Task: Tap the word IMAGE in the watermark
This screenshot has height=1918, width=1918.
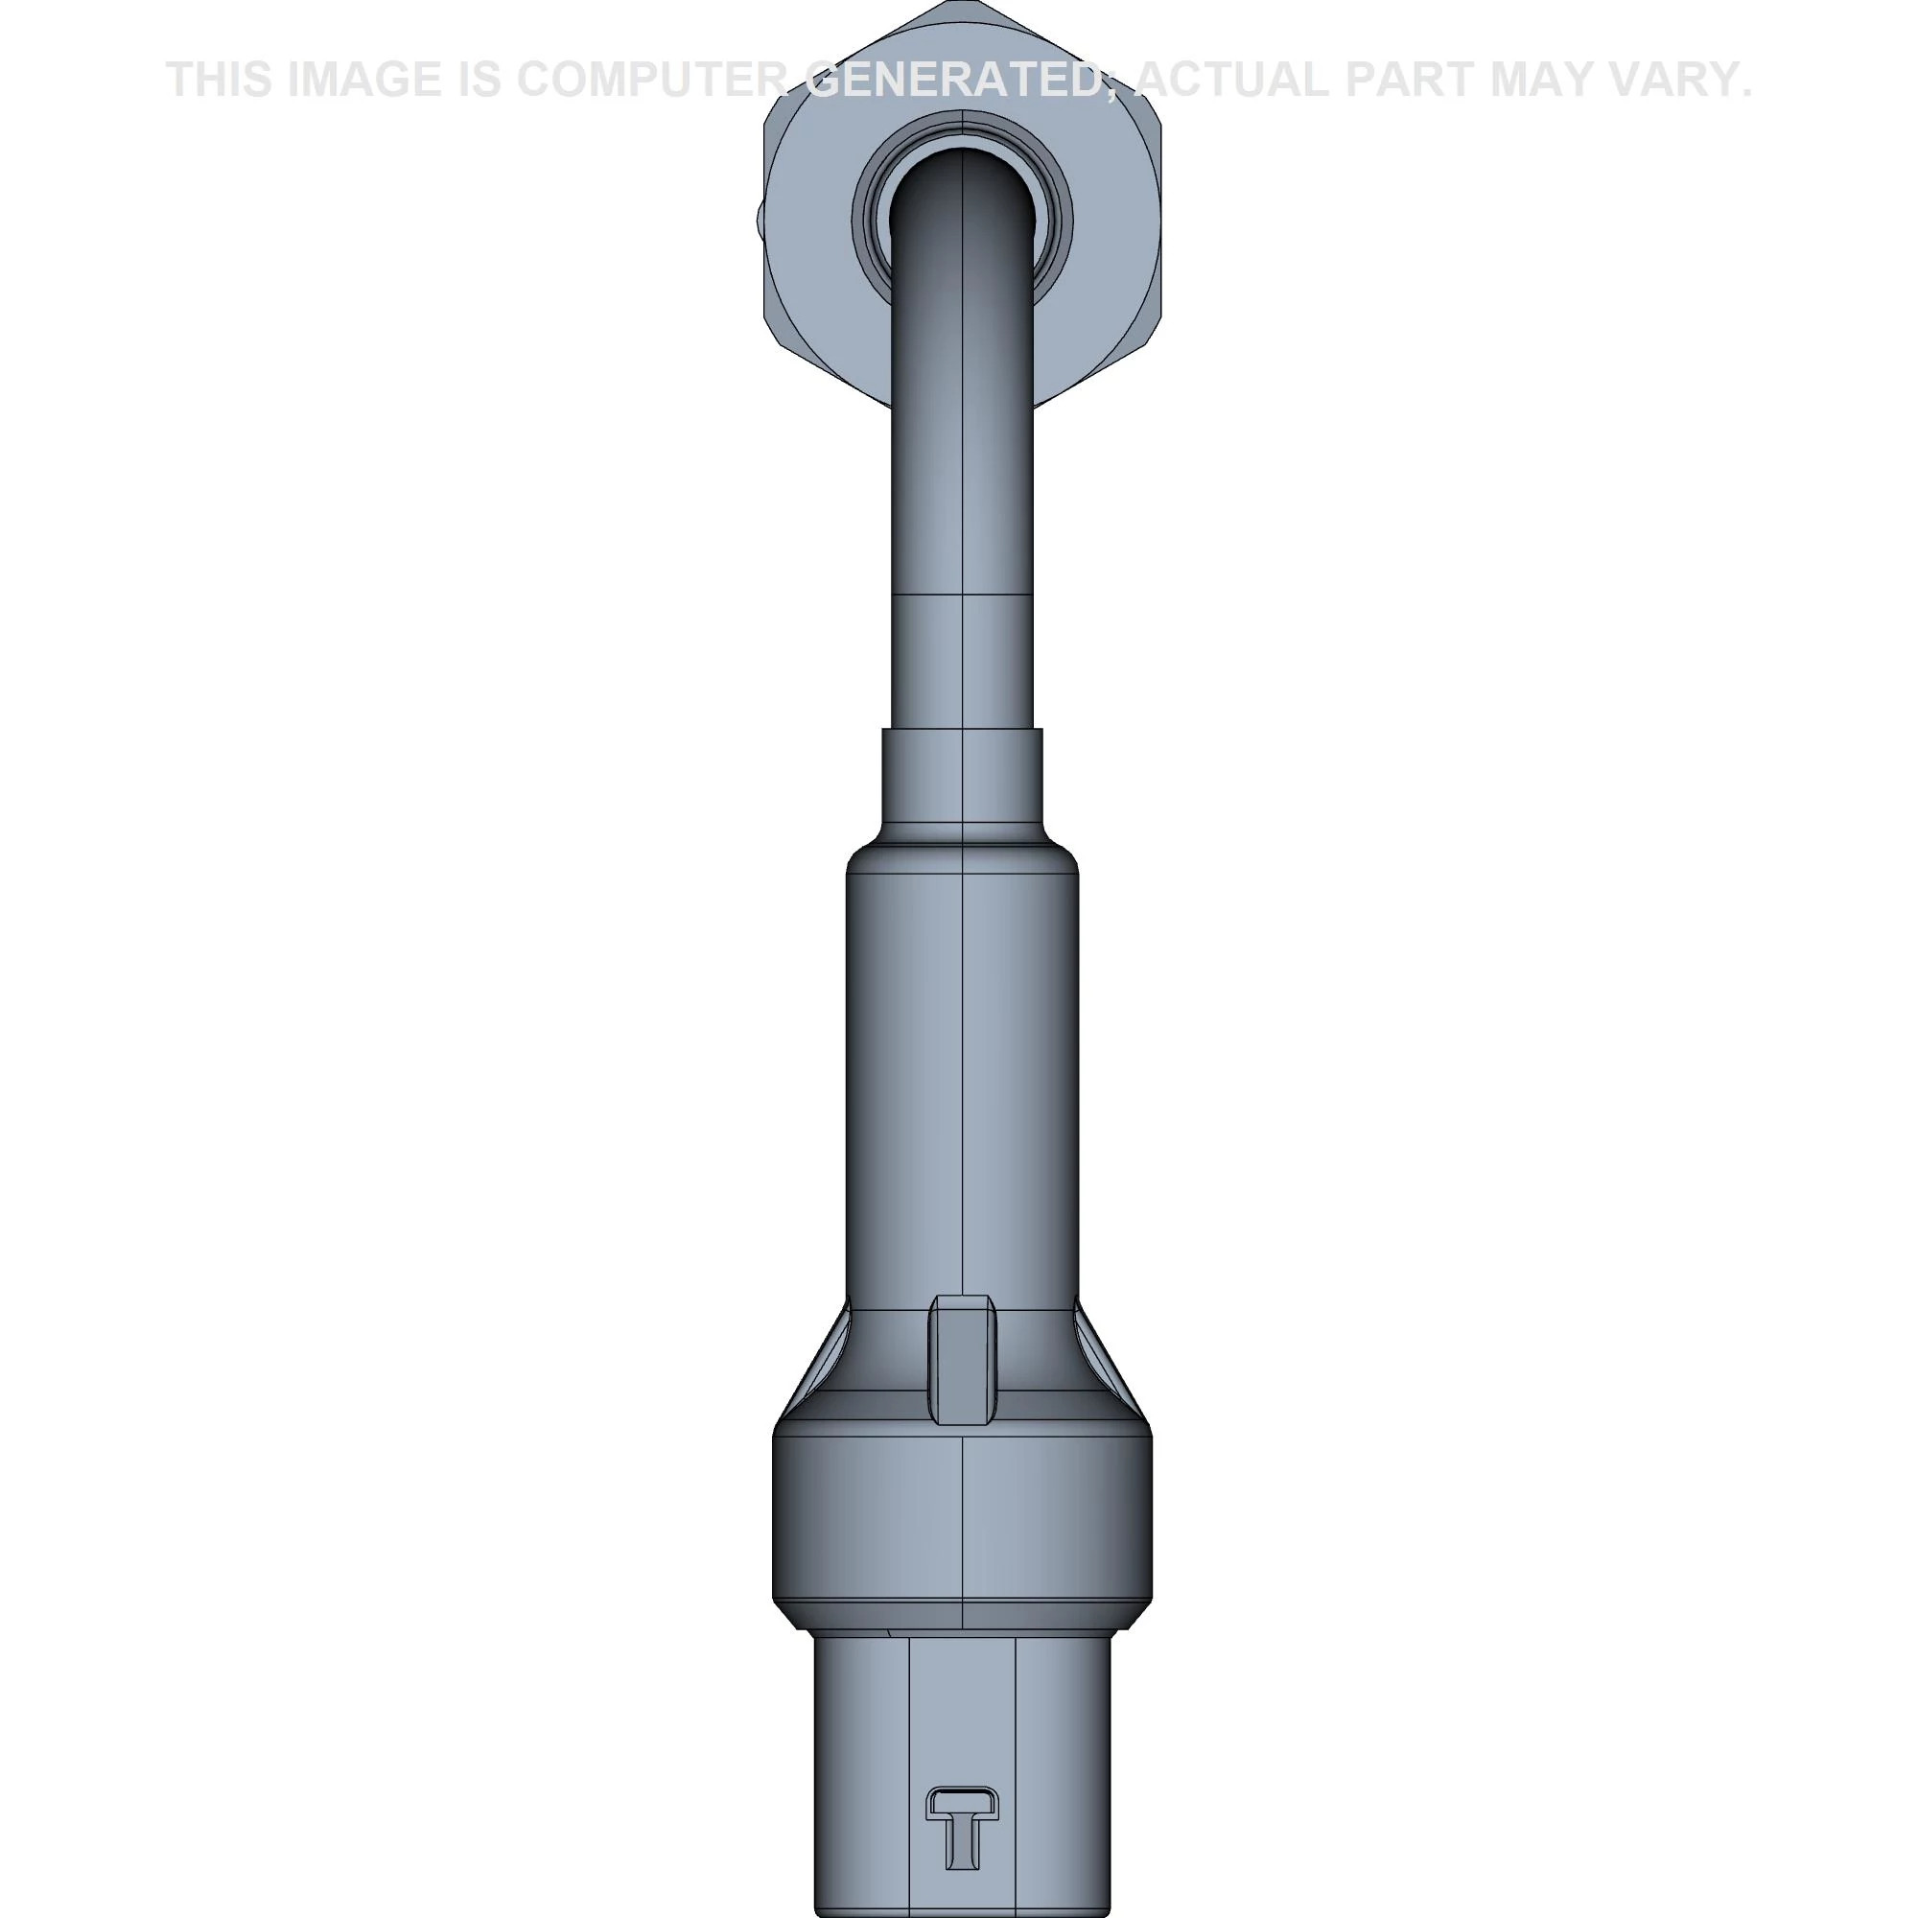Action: pyautogui.click(x=364, y=80)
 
